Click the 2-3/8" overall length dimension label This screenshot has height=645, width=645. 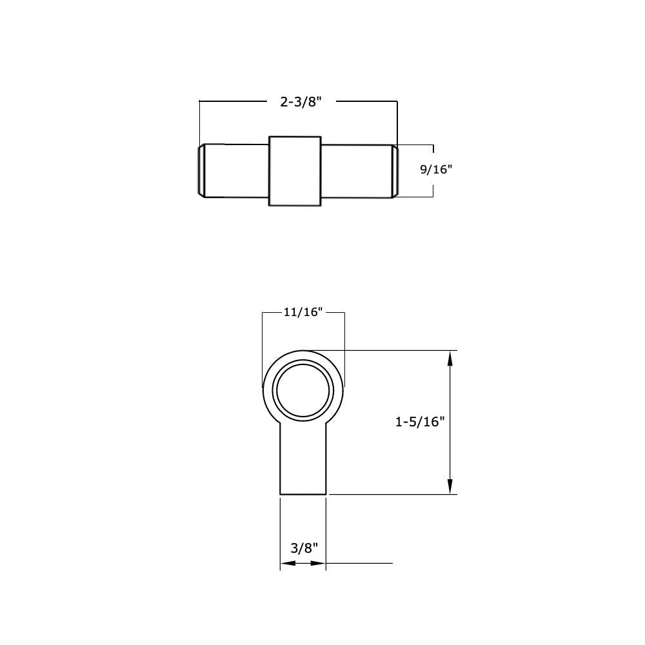(x=300, y=102)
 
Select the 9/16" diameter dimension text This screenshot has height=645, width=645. (x=437, y=170)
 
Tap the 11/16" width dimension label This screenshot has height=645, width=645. (x=303, y=312)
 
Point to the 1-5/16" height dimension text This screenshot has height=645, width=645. (x=421, y=422)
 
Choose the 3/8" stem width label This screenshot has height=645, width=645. (x=304, y=548)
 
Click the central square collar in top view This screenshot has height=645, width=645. (x=295, y=171)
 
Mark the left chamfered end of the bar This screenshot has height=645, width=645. (x=201, y=170)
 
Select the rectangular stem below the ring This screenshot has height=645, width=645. (x=303, y=461)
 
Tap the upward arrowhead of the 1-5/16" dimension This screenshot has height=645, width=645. (x=450, y=359)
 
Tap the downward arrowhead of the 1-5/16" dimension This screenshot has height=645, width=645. (x=450, y=486)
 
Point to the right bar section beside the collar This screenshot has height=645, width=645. (x=357, y=170)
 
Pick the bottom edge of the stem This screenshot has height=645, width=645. (x=303, y=494)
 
